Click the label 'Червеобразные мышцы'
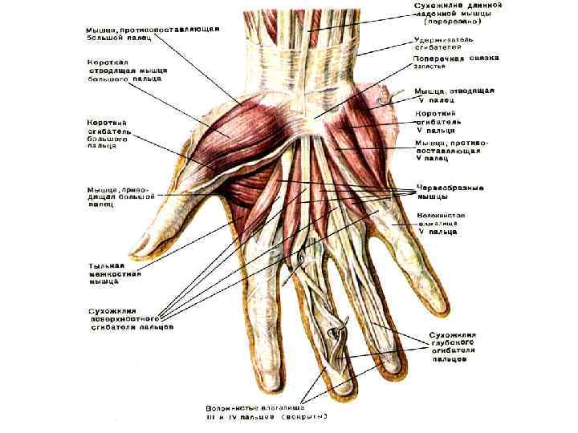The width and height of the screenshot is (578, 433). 450,192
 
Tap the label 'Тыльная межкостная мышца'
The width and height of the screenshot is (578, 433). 115,273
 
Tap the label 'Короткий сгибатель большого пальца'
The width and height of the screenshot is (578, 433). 108,134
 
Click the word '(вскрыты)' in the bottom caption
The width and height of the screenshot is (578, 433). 302,416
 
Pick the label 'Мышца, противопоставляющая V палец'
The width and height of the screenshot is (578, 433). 448,150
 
